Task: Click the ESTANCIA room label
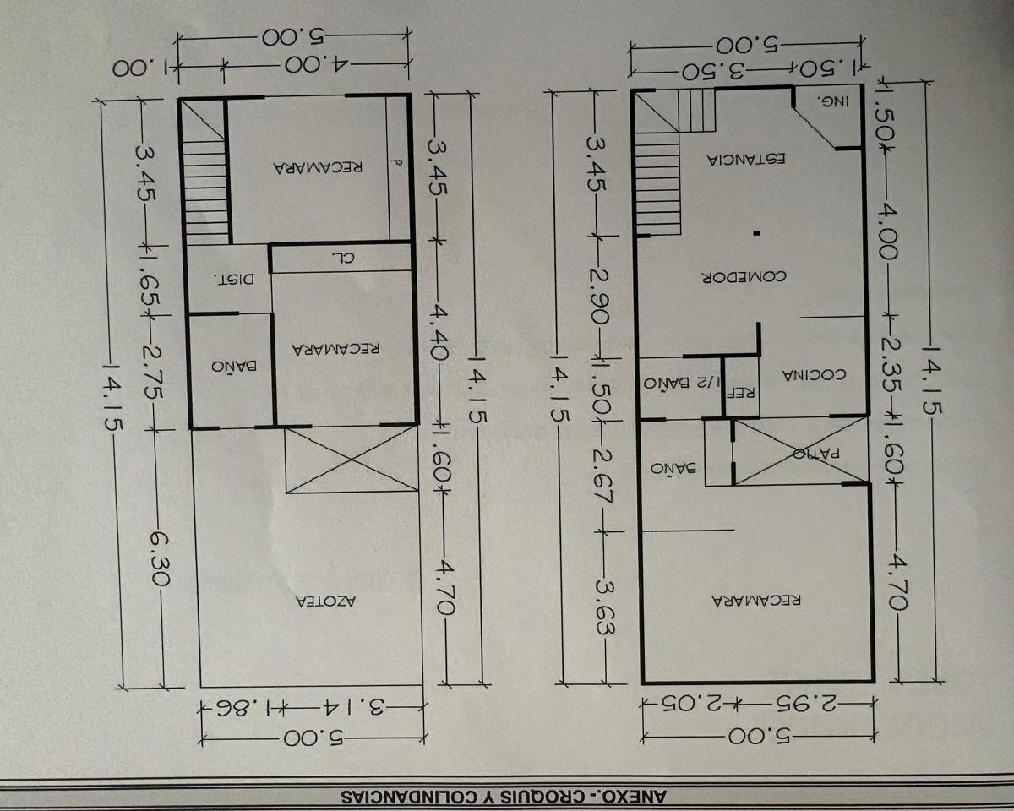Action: click(746, 160)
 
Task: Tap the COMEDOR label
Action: click(744, 276)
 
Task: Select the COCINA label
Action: click(815, 375)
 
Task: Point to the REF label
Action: click(742, 392)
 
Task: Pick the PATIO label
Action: click(816, 454)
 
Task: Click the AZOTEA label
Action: click(326, 601)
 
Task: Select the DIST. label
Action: click(234, 279)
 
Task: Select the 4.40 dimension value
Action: click(440, 332)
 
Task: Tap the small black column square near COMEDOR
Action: click(756, 233)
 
